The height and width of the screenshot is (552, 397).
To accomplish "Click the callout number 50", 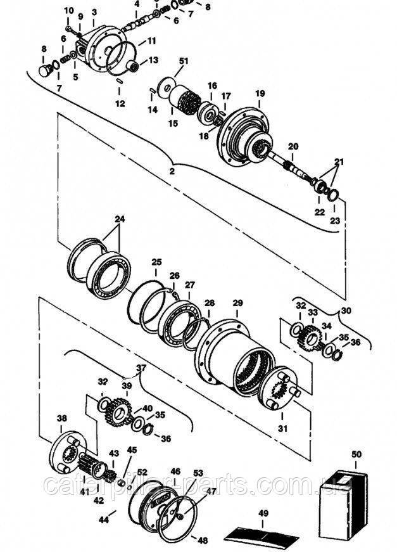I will (x=356, y=454).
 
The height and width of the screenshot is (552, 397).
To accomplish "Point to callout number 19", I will (x=259, y=93).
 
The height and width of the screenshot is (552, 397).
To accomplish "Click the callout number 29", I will (x=237, y=303).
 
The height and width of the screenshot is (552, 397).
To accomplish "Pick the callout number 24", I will (x=120, y=220).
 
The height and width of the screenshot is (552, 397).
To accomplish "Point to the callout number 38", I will (x=61, y=418).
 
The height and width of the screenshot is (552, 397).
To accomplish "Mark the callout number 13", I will (x=153, y=60).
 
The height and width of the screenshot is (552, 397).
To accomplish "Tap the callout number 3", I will (x=94, y=11).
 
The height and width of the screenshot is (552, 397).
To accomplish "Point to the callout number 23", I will (x=336, y=221).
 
